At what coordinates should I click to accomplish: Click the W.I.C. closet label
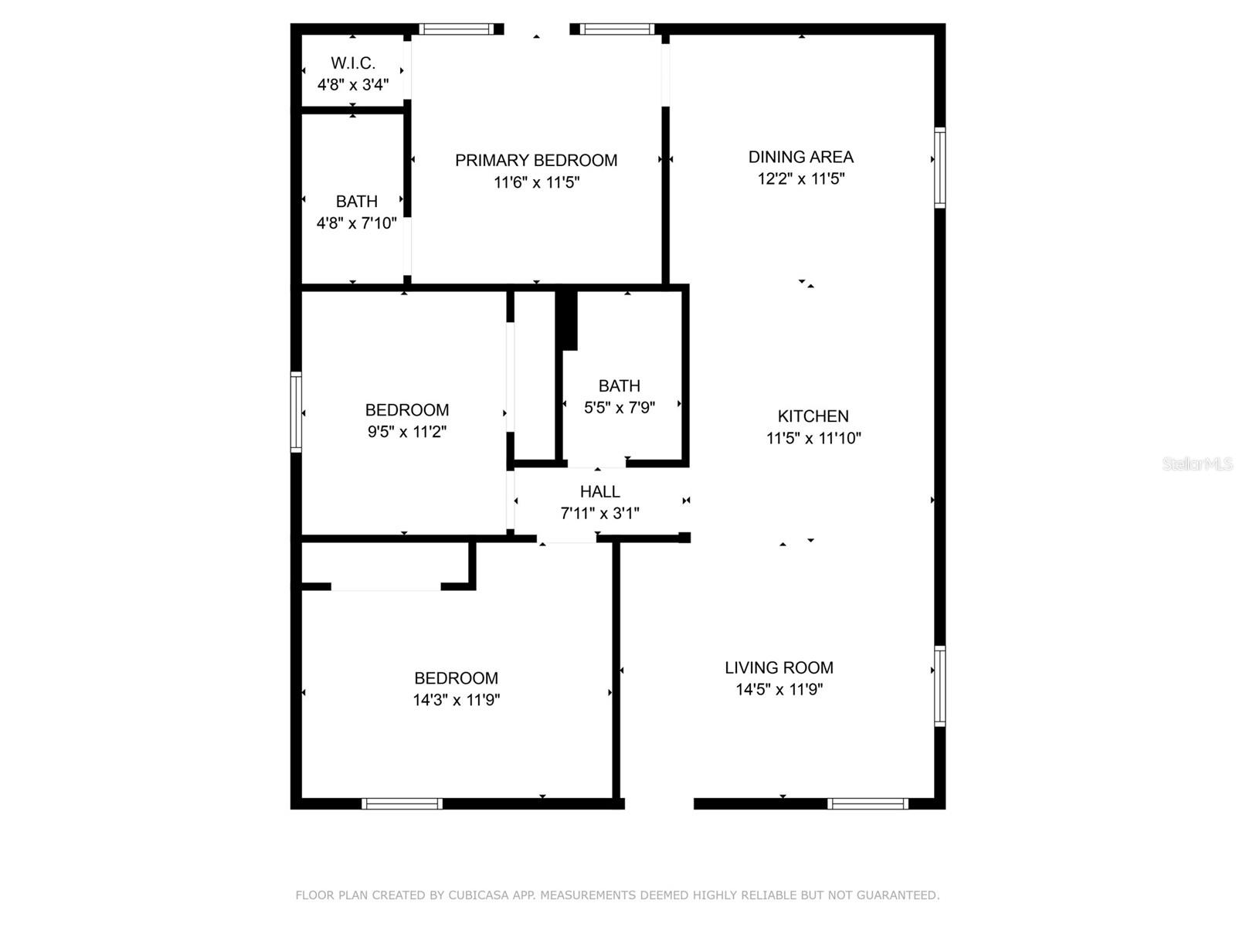coord(353,63)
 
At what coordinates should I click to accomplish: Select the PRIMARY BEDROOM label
coord(536,161)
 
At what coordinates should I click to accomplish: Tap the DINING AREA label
coord(801,157)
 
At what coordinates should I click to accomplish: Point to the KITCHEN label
coord(813,416)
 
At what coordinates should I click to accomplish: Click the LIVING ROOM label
coord(779,668)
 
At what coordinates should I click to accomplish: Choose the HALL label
coord(600,492)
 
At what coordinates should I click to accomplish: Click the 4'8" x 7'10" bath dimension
coord(357,223)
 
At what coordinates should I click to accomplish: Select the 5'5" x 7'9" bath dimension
coord(620,408)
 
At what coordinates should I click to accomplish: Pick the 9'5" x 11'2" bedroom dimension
coord(407,432)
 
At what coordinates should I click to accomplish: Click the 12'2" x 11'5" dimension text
coord(801,179)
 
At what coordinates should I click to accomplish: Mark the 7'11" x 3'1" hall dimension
coord(600,514)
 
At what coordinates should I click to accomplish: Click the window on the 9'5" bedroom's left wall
coord(296,412)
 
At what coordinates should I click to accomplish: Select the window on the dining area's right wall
coord(940,168)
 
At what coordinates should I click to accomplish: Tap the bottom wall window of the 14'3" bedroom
coord(402,804)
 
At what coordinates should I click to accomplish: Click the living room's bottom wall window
coord(868,804)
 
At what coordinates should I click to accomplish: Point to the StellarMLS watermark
coord(1197,464)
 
